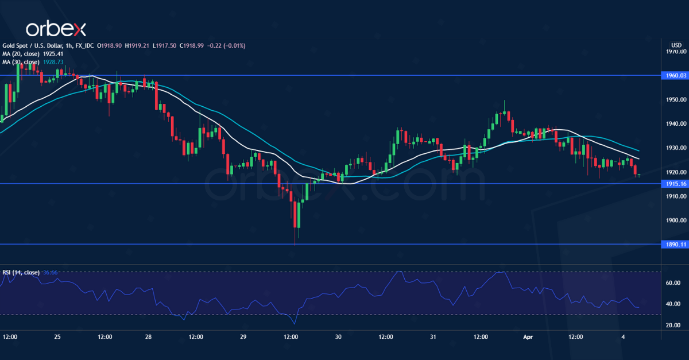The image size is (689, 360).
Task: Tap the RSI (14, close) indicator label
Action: (x=21, y=272)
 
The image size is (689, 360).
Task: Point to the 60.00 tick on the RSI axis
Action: (x=672, y=282)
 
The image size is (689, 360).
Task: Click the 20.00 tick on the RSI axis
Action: (x=672, y=325)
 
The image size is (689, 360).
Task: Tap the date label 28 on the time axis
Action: (x=148, y=337)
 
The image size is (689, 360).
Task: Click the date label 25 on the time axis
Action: (x=57, y=337)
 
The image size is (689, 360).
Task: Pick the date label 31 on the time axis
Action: (x=432, y=337)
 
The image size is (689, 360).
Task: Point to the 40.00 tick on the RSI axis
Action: (x=672, y=304)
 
